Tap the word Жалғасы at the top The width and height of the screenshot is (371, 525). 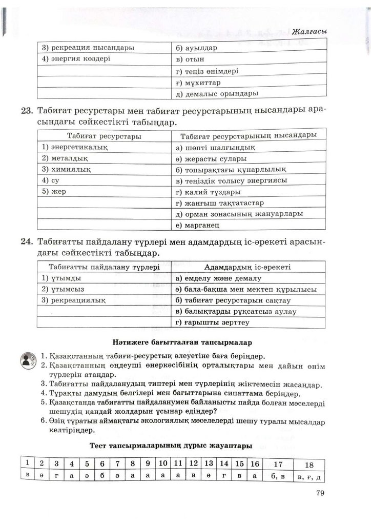[x=308, y=32]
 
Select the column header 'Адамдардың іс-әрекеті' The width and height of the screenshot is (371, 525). [x=248, y=267]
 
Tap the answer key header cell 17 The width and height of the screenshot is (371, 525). [x=278, y=464]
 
